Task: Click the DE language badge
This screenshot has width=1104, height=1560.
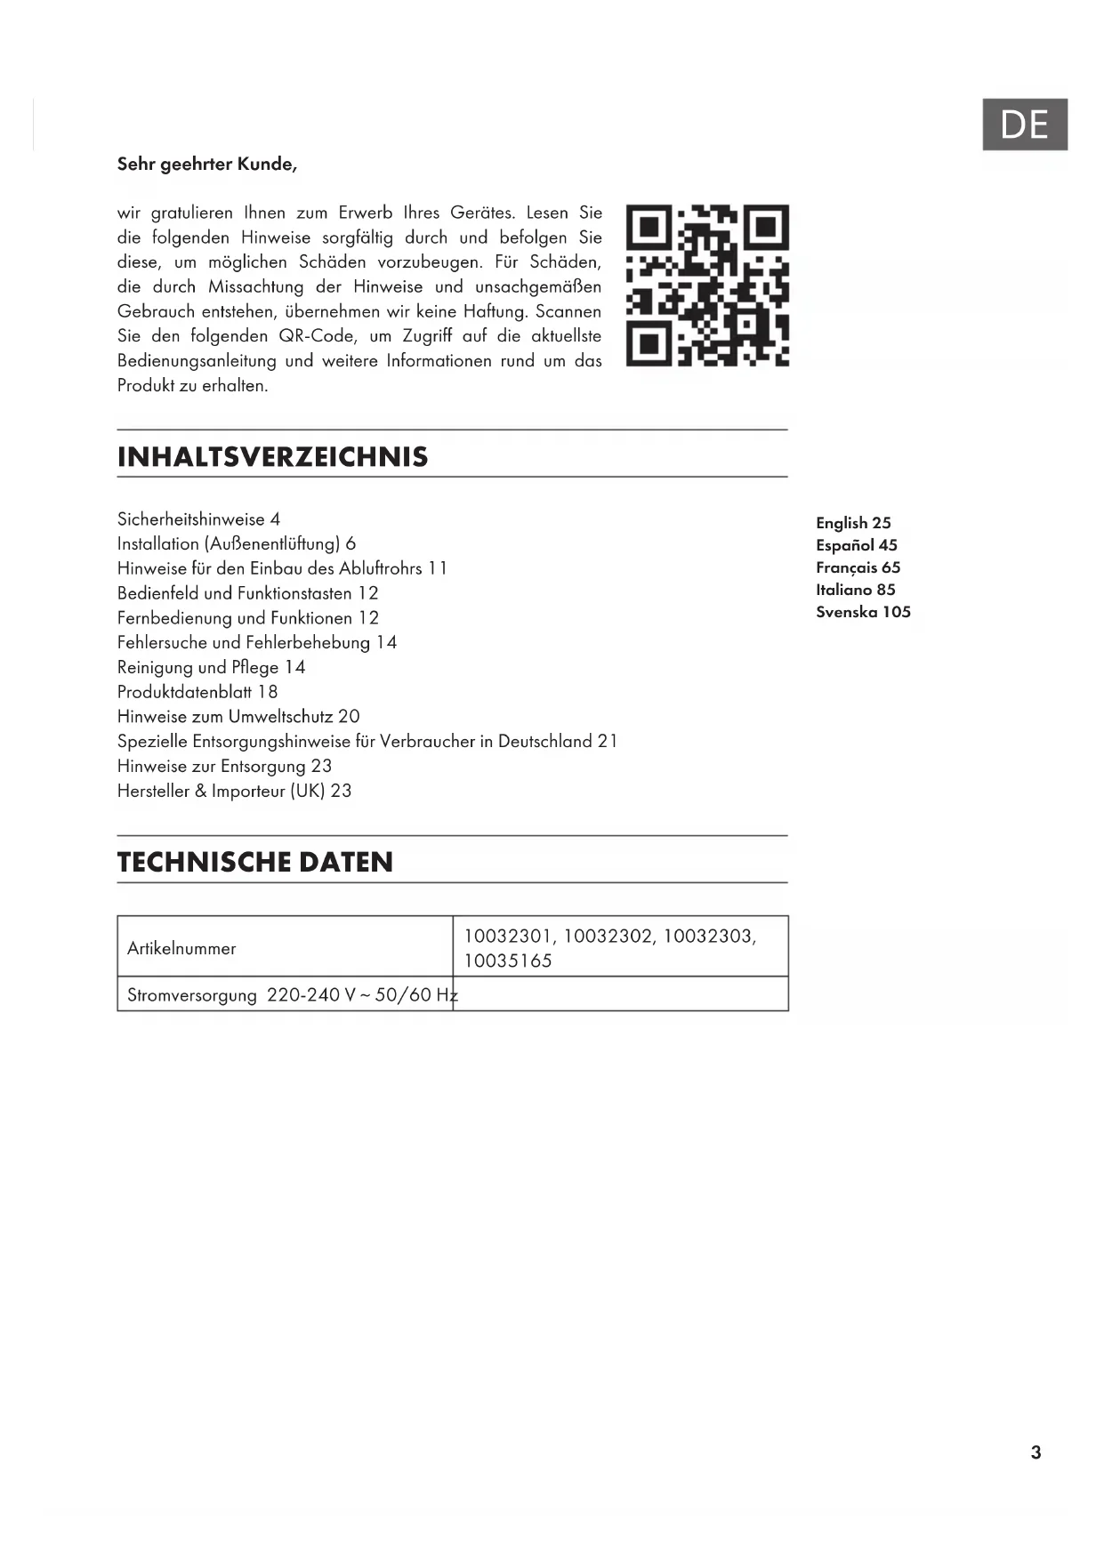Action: click(x=1024, y=125)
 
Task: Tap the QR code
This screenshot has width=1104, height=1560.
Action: click(x=707, y=285)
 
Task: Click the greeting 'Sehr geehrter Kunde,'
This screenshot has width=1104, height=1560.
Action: click(x=207, y=164)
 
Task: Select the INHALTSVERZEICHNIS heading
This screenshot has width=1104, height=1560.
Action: click(x=273, y=457)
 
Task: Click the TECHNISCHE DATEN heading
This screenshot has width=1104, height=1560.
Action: click(x=255, y=862)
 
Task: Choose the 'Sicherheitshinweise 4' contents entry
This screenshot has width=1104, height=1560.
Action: click(x=198, y=519)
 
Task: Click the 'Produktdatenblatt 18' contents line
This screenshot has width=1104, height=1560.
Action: click(x=197, y=692)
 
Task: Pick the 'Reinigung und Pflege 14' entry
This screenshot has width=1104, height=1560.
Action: click(x=211, y=667)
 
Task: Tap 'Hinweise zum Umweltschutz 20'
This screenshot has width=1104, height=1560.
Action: click(x=238, y=717)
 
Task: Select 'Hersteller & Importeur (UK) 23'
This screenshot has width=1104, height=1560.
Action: click(x=234, y=791)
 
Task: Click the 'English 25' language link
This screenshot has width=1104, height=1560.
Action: click(x=853, y=523)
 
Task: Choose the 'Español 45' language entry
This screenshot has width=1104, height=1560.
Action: click(x=857, y=545)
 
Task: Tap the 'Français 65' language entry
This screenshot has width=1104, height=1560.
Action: click(x=858, y=567)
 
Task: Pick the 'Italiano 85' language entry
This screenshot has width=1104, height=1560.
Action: click(x=856, y=590)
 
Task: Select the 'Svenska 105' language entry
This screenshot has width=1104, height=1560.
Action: click(x=863, y=612)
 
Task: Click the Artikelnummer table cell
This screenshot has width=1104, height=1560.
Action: click(x=181, y=948)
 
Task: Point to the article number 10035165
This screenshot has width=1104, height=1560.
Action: click(x=508, y=961)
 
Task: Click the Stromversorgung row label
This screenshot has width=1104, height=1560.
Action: click(x=192, y=995)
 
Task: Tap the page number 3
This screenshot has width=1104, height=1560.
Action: click(x=1036, y=1452)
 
